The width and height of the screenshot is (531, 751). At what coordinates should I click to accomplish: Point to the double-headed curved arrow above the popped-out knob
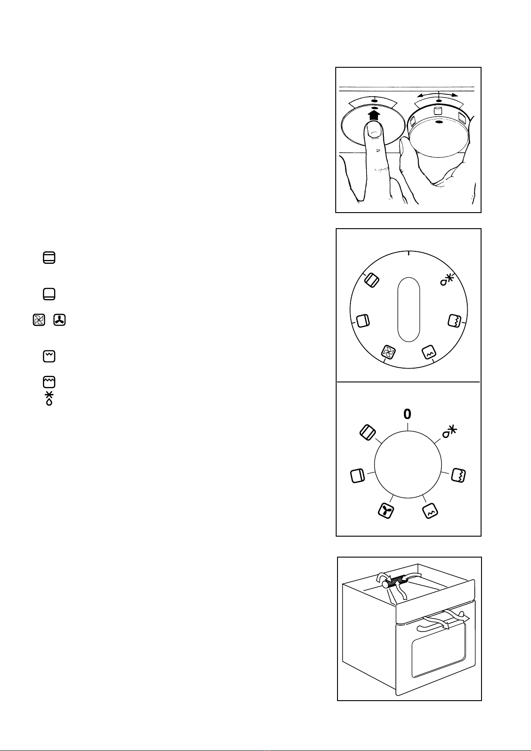437,95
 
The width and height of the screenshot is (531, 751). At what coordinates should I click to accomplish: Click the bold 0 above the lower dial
407,414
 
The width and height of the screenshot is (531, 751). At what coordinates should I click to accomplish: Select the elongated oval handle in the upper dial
408,309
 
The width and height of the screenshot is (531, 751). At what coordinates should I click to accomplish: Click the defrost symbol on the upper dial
447,280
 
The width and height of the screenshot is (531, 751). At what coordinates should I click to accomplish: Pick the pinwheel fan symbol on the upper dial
388,352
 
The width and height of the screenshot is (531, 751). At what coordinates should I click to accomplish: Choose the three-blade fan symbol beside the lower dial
386,511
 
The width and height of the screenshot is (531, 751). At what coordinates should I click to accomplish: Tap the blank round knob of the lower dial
408,464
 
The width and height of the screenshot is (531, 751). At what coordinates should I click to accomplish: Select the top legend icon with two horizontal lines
49,258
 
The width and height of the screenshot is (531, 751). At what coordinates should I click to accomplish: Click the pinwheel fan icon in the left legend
39,320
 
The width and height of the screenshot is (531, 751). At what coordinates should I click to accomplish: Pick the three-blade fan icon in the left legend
59,320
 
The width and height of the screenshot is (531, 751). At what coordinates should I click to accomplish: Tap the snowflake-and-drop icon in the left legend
49,398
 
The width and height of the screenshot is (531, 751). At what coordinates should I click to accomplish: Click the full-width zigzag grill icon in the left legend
49,382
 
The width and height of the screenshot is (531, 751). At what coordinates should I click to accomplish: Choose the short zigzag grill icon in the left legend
49,356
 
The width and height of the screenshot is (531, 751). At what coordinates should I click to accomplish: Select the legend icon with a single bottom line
49,294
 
